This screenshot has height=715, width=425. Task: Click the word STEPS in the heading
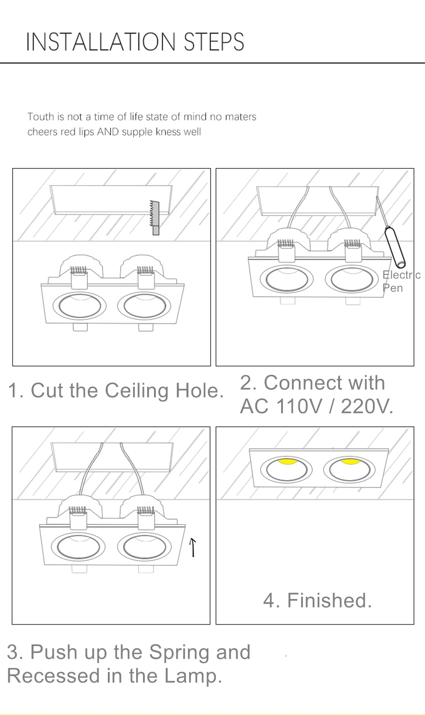pos(214,42)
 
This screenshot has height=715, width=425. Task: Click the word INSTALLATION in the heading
pos(101,42)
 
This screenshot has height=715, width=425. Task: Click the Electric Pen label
pos(400,281)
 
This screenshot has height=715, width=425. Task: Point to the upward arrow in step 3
pos(193,547)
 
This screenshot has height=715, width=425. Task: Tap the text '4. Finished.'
pos(317,600)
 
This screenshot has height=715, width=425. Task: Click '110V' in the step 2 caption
pos(299,405)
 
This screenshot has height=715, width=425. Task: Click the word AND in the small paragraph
pos(107,132)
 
